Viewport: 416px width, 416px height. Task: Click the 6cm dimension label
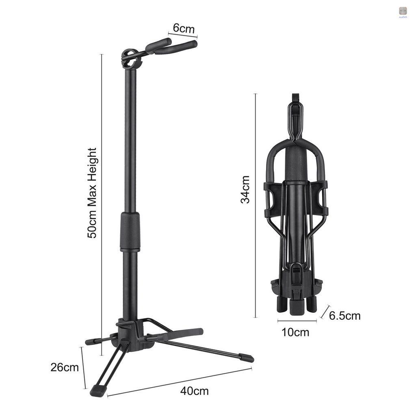[184, 29]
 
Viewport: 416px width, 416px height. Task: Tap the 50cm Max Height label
[93, 193]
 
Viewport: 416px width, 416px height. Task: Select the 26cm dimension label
[65, 367]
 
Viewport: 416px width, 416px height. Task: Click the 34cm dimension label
[245, 189]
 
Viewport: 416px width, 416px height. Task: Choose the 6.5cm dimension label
[344, 316]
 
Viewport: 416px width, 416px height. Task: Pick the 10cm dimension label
[295, 332]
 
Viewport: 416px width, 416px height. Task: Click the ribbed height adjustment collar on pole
[130, 232]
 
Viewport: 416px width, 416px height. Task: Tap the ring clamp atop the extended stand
[131, 58]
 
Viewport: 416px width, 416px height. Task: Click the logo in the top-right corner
[403, 11]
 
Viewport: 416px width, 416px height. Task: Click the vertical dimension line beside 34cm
[256, 205]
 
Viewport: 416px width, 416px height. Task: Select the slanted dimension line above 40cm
[179, 381]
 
